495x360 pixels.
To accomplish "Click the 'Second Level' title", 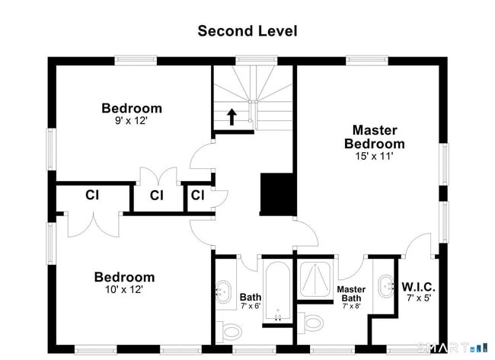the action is (x=247, y=31).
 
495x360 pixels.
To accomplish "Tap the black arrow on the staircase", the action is (x=232, y=116).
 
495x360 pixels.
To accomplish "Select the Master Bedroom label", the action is (x=375, y=136).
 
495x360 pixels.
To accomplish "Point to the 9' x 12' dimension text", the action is (x=131, y=120).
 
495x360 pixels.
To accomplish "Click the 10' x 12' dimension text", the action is (x=124, y=289).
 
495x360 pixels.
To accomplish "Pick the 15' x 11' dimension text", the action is (x=375, y=156).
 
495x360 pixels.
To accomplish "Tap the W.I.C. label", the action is (x=419, y=287).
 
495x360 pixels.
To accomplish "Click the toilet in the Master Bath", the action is (x=311, y=323).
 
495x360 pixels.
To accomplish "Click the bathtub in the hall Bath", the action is (x=278, y=291).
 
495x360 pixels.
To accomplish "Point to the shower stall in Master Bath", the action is (x=315, y=279).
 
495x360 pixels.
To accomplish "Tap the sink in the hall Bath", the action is (x=224, y=292).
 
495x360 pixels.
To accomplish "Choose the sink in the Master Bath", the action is (x=386, y=286).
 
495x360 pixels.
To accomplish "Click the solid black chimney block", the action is (x=277, y=194).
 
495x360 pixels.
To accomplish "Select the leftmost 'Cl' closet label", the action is (x=92, y=195).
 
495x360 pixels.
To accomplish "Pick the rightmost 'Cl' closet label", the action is (x=198, y=196).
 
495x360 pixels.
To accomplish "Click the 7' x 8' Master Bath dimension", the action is (x=351, y=306).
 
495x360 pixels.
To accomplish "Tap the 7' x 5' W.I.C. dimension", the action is (x=419, y=298).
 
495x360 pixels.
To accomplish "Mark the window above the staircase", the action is (x=257, y=60).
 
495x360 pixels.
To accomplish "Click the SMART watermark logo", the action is (x=452, y=348).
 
